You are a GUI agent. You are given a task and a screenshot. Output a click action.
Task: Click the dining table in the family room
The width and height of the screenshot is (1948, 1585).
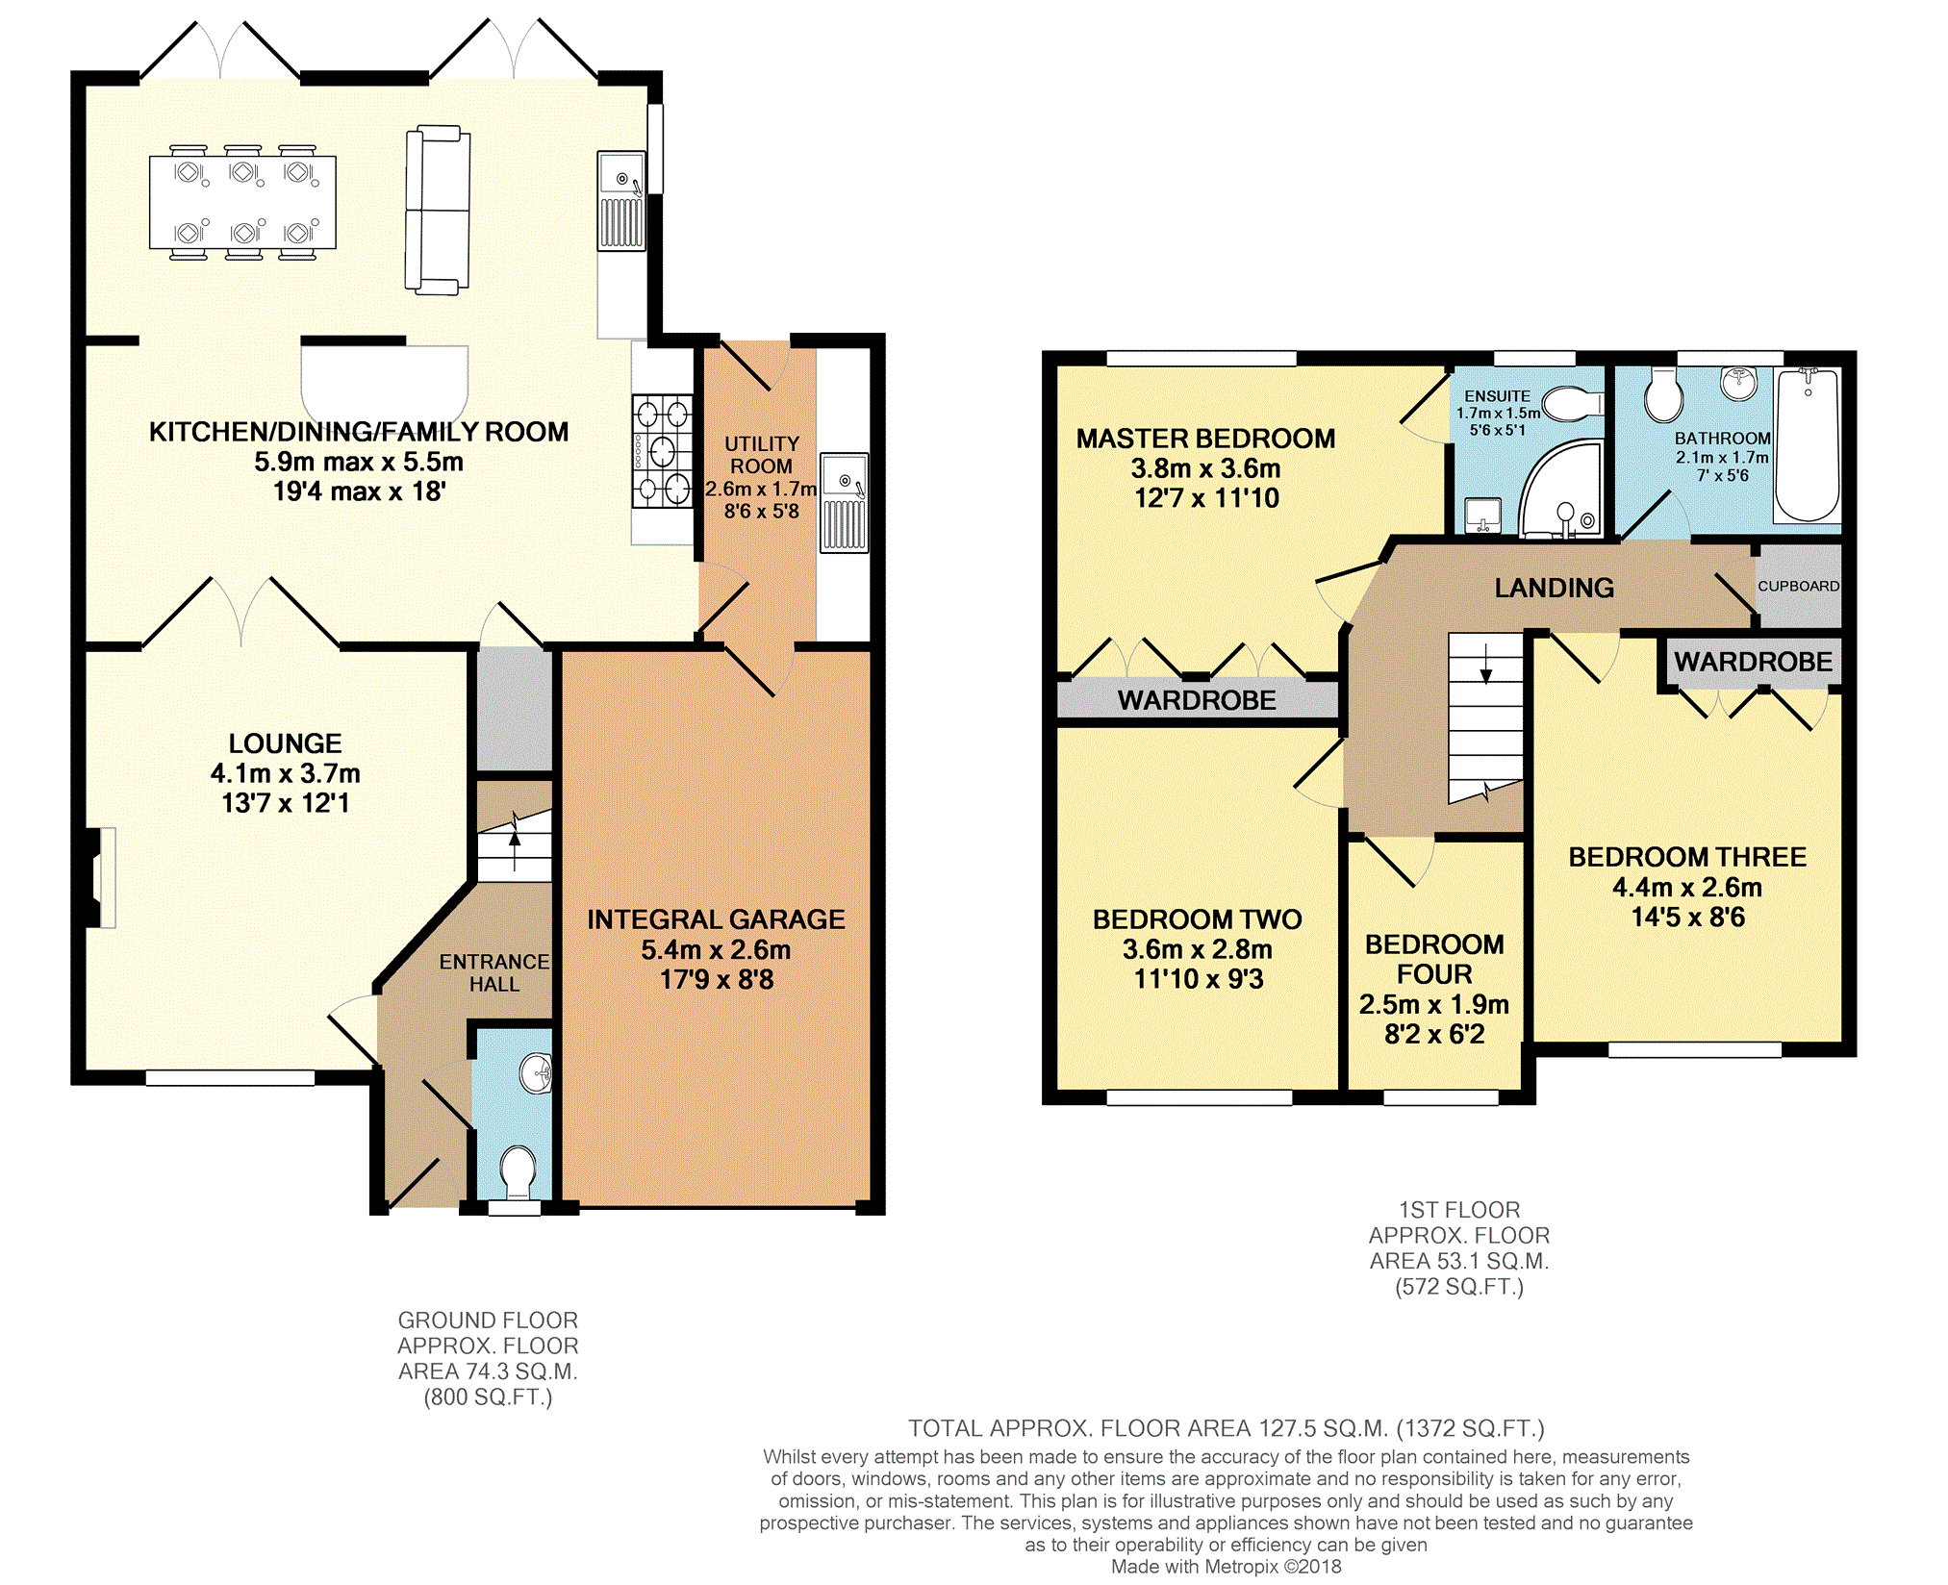242,202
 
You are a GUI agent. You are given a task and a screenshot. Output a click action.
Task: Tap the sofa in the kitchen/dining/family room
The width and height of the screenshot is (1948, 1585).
438,210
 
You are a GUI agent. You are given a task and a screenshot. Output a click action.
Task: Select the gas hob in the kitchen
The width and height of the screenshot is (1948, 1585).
662,450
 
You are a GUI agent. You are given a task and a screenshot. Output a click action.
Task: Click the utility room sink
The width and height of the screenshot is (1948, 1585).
844,502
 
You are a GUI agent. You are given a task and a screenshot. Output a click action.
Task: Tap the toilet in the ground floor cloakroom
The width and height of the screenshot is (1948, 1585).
519,1170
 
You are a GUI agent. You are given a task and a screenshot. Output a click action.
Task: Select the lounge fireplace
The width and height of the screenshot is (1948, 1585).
101,877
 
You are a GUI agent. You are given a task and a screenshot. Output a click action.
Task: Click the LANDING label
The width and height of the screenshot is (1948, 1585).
1555,588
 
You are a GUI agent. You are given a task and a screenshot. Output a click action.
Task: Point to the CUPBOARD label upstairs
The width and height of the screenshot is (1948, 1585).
1798,586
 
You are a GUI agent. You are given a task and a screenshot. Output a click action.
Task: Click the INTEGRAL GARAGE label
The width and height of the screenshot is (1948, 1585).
716,919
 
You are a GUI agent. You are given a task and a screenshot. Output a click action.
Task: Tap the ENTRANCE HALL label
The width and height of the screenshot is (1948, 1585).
494,972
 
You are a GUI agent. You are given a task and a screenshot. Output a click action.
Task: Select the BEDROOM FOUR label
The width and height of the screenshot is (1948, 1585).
1434,959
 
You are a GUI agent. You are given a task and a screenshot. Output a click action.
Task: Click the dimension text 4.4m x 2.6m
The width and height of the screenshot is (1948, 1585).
1687,887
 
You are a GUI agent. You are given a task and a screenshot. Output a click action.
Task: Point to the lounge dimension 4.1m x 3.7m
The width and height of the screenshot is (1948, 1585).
285,773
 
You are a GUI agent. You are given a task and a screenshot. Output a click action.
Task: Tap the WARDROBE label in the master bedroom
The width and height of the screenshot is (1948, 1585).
1197,700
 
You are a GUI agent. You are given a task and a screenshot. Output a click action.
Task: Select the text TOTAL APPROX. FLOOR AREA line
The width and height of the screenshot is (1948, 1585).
1227,1428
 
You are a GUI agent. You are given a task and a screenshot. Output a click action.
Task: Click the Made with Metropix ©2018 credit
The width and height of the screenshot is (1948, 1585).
1226,1566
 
